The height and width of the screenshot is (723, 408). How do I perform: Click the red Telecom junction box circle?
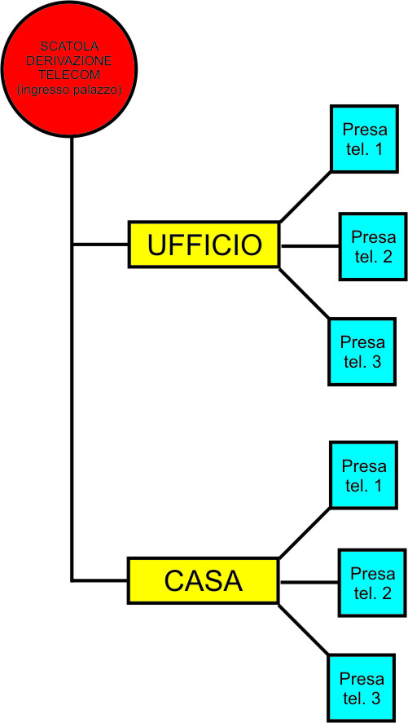click(x=69, y=69)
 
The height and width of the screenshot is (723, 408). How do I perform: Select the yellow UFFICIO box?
click(x=204, y=245)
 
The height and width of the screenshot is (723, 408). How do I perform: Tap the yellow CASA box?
click(x=204, y=580)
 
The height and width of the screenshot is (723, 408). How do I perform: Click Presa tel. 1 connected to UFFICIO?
click(x=364, y=139)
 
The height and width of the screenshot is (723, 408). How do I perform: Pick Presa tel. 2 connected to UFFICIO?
click(x=374, y=246)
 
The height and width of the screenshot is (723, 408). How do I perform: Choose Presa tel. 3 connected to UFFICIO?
click(x=362, y=351)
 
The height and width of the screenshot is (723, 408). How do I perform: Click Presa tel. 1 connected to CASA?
click(x=364, y=475)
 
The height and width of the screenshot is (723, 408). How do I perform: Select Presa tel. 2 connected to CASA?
click(x=373, y=583)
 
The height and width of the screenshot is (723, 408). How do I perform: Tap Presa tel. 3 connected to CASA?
click(x=362, y=688)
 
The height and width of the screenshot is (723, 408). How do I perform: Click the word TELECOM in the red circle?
click(x=69, y=75)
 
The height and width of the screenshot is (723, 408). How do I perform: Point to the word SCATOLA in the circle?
click(x=69, y=46)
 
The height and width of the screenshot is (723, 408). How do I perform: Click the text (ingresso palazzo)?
click(x=69, y=90)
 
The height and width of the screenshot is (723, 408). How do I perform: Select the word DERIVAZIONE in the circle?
click(x=69, y=61)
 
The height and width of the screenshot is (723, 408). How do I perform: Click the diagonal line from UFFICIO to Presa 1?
click(x=305, y=196)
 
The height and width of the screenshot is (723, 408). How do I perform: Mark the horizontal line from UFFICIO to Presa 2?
click(x=310, y=246)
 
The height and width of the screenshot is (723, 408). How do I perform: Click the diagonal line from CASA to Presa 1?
click(x=305, y=532)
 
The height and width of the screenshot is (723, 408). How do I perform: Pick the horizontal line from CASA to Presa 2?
click(x=309, y=582)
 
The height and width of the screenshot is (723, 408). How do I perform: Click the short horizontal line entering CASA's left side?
click(x=100, y=580)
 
